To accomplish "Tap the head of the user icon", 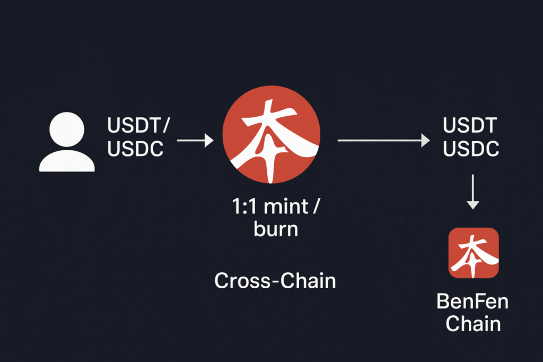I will [x=67, y=130].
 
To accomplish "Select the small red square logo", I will [x=473, y=253].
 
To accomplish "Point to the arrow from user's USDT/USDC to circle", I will [x=195, y=140].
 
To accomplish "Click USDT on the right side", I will [x=470, y=126].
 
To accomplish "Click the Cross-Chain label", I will [x=275, y=280].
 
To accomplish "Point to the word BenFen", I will [x=472, y=301].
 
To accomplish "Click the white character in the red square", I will [x=473, y=253].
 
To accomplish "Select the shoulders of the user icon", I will [x=67, y=161].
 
